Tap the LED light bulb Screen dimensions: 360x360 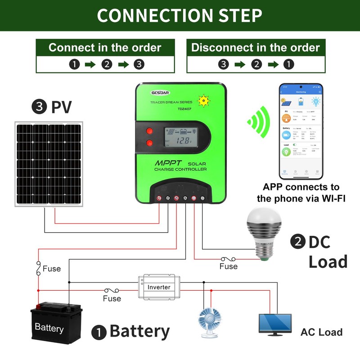pos(263,233)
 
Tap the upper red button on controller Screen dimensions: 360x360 pos(149,131)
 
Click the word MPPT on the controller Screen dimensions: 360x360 pos(169,162)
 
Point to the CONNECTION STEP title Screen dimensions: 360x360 pos(180,15)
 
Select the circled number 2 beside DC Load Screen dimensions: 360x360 pos(297,242)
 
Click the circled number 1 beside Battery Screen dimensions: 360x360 pos(98,333)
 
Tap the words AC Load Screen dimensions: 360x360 pos(321,332)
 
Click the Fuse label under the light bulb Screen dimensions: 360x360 pos(229,266)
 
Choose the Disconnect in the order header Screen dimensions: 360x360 pos(255,48)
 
